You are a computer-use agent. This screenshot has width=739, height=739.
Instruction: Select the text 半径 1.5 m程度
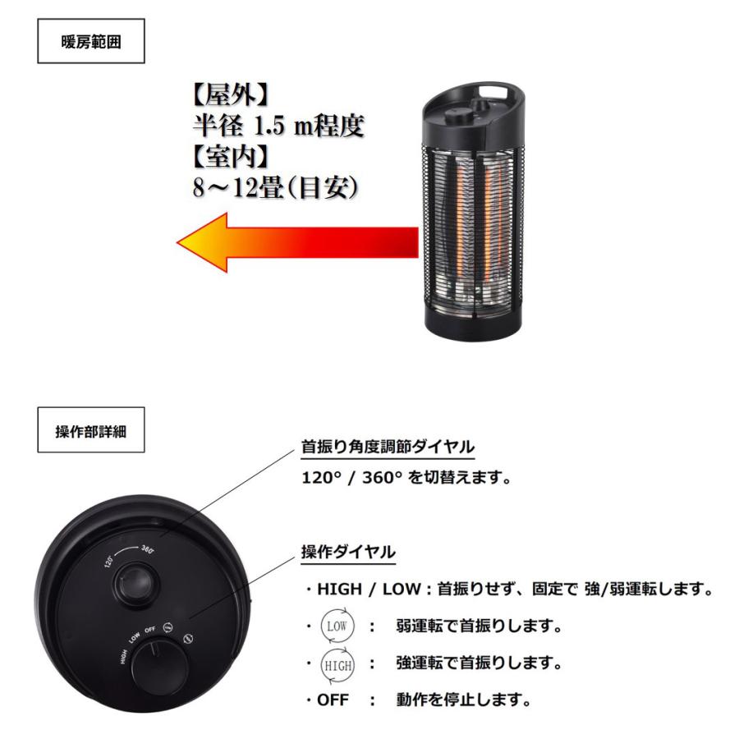point(273,126)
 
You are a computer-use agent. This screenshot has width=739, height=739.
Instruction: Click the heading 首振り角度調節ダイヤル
point(387,448)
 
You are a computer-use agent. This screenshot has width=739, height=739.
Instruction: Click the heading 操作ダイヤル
point(349,553)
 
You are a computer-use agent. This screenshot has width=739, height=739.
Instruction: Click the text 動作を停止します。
point(462,700)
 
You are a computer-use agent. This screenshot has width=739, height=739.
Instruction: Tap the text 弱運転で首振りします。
point(478,627)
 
